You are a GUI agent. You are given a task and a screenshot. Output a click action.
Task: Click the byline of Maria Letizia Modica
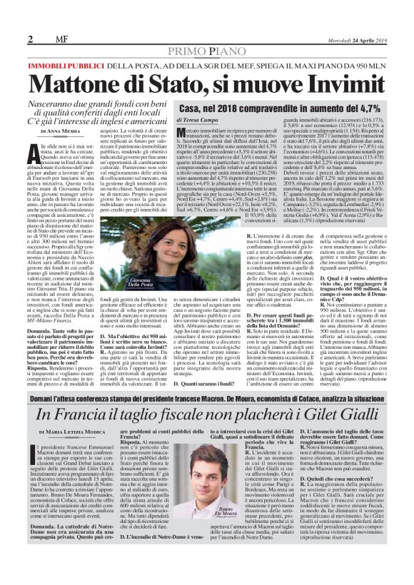[x=72, y=436]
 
